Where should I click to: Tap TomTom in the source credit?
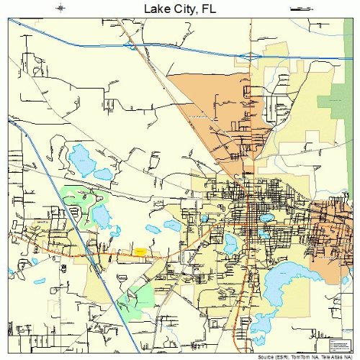[305, 356]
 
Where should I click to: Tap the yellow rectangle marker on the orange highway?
[140, 251]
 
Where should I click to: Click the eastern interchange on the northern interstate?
[250, 55]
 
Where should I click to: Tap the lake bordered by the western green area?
[100, 215]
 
